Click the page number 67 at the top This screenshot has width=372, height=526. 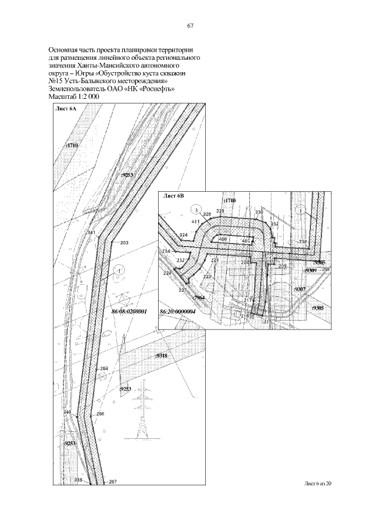coord(189,26)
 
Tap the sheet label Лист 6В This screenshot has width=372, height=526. coord(174,196)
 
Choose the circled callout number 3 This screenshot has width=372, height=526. coord(197,209)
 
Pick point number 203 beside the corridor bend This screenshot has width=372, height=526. coord(124,242)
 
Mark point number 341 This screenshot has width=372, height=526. coord(91,232)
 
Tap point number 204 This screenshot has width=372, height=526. coord(104,369)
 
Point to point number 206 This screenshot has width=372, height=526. coord(100,414)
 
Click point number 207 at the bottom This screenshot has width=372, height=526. coord(113,481)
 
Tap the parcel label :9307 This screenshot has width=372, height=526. coord(300,289)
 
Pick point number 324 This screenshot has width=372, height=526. coord(184,234)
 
